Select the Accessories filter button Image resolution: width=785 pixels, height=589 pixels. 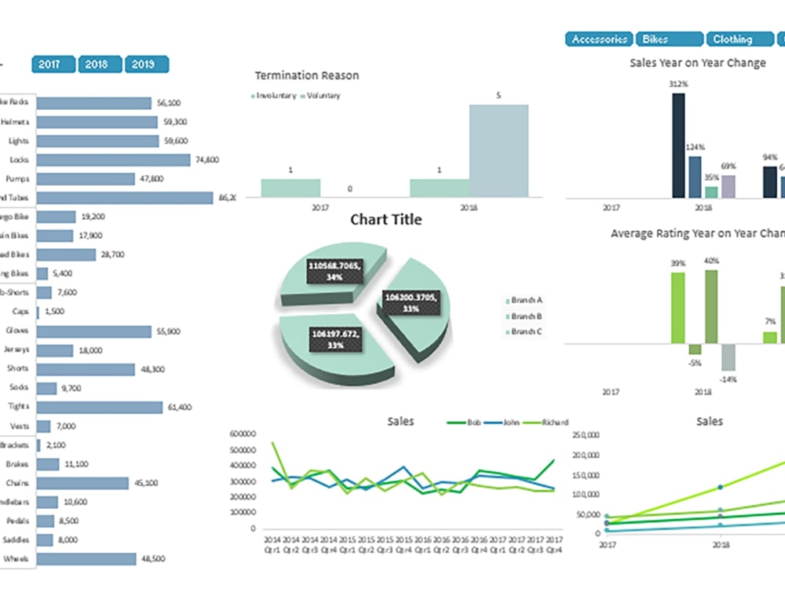click(599, 39)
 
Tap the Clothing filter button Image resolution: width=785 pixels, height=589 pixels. click(739, 39)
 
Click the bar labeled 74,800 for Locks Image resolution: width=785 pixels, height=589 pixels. click(113, 159)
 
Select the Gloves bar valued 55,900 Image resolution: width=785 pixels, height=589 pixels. click(93, 331)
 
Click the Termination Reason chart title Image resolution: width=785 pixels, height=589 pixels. click(307, 75)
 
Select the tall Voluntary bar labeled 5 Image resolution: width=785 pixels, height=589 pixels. click(498, 150)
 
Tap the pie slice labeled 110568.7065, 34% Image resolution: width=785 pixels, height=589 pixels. click(330, 270)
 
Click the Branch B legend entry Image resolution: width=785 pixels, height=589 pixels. click(527, 316)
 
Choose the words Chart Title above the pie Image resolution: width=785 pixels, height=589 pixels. click(385, 220)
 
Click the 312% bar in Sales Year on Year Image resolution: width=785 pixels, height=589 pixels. click(678, 145)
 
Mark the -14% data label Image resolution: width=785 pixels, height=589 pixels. click(729, 379)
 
